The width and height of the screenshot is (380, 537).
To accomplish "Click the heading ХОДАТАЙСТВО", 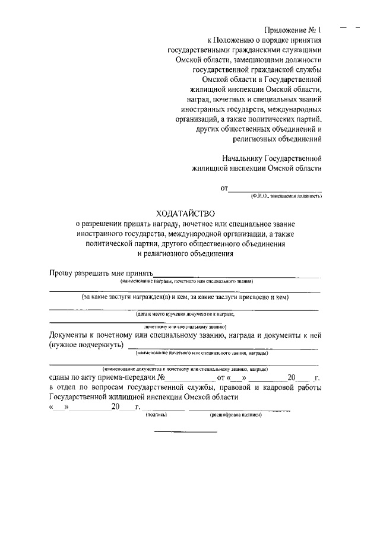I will coord(184,213).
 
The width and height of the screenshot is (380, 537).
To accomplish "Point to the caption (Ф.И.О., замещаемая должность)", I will coord(286,195).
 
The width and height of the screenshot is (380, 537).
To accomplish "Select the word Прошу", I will coord(61,273).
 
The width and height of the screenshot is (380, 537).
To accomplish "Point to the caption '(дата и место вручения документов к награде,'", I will coord(185,313).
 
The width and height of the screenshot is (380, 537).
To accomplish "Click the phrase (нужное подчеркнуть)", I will coord(86,345).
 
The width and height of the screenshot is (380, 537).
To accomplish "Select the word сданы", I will coord(61,377).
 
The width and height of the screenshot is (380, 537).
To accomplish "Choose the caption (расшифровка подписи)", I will coord(236,415).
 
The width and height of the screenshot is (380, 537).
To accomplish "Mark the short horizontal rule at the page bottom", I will coord(186,431).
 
